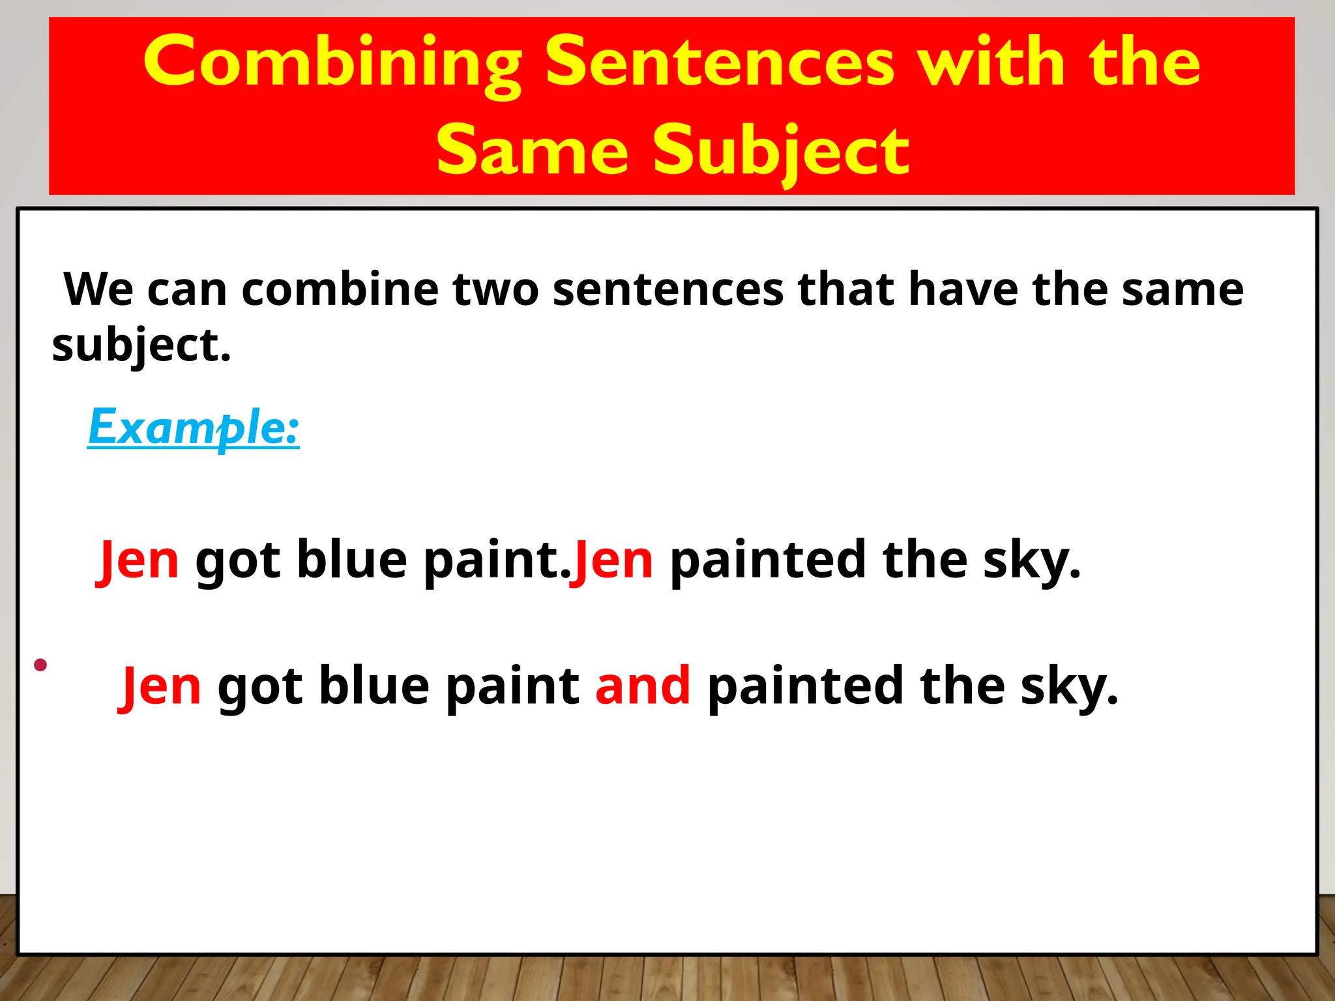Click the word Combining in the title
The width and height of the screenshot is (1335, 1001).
tap(332, 62)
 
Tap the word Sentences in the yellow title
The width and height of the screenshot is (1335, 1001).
tap(719, 62)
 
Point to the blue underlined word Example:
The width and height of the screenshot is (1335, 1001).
tap(194, 428)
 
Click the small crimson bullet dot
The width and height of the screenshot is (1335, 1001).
tap(40, 665)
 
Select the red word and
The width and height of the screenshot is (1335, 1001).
tap(643, 686)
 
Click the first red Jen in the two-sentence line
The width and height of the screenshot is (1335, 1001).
tap(138, 560)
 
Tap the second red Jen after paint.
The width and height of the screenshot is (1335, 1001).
tap(612, 560)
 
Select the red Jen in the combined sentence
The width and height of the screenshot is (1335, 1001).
tap(160, 686)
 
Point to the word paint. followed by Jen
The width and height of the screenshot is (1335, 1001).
tap(497, 560)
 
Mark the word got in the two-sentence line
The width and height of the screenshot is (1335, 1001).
tap(238, 560)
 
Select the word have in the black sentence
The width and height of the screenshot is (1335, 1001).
tap(963, 289)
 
